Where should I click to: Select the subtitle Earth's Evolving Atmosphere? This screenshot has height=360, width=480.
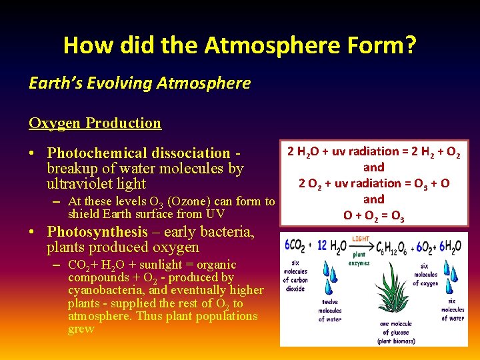(x=139, y=83)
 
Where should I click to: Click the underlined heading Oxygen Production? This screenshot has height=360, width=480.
(x=95, y=123)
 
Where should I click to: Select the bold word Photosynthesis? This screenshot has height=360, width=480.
(x=97, y=232)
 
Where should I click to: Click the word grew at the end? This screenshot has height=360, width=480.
(x=81, y=329)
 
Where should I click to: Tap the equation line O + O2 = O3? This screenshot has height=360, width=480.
(x=373, y=215)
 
